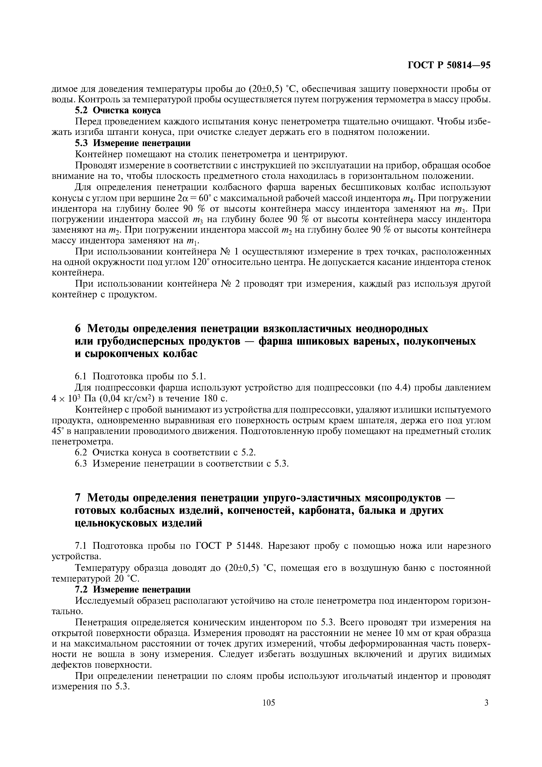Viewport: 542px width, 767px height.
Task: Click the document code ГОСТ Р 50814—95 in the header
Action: pyautogui.click(x=449, y=65)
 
